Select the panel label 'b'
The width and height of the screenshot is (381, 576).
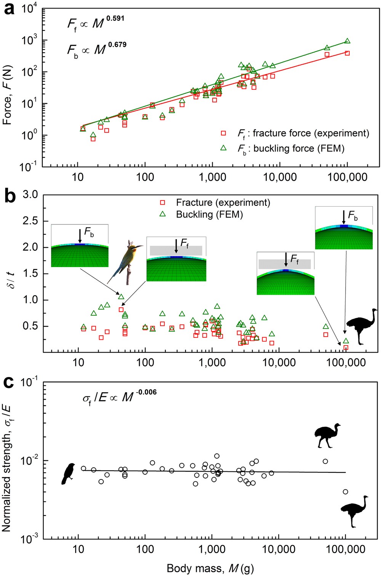pos(9,197)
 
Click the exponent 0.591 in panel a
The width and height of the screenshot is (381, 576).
pos(115,18)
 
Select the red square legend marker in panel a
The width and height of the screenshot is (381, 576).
pos(224,133)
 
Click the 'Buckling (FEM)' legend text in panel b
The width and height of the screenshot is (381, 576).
pos(209,215)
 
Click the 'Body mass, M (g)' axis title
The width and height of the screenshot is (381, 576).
pos(210,568)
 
